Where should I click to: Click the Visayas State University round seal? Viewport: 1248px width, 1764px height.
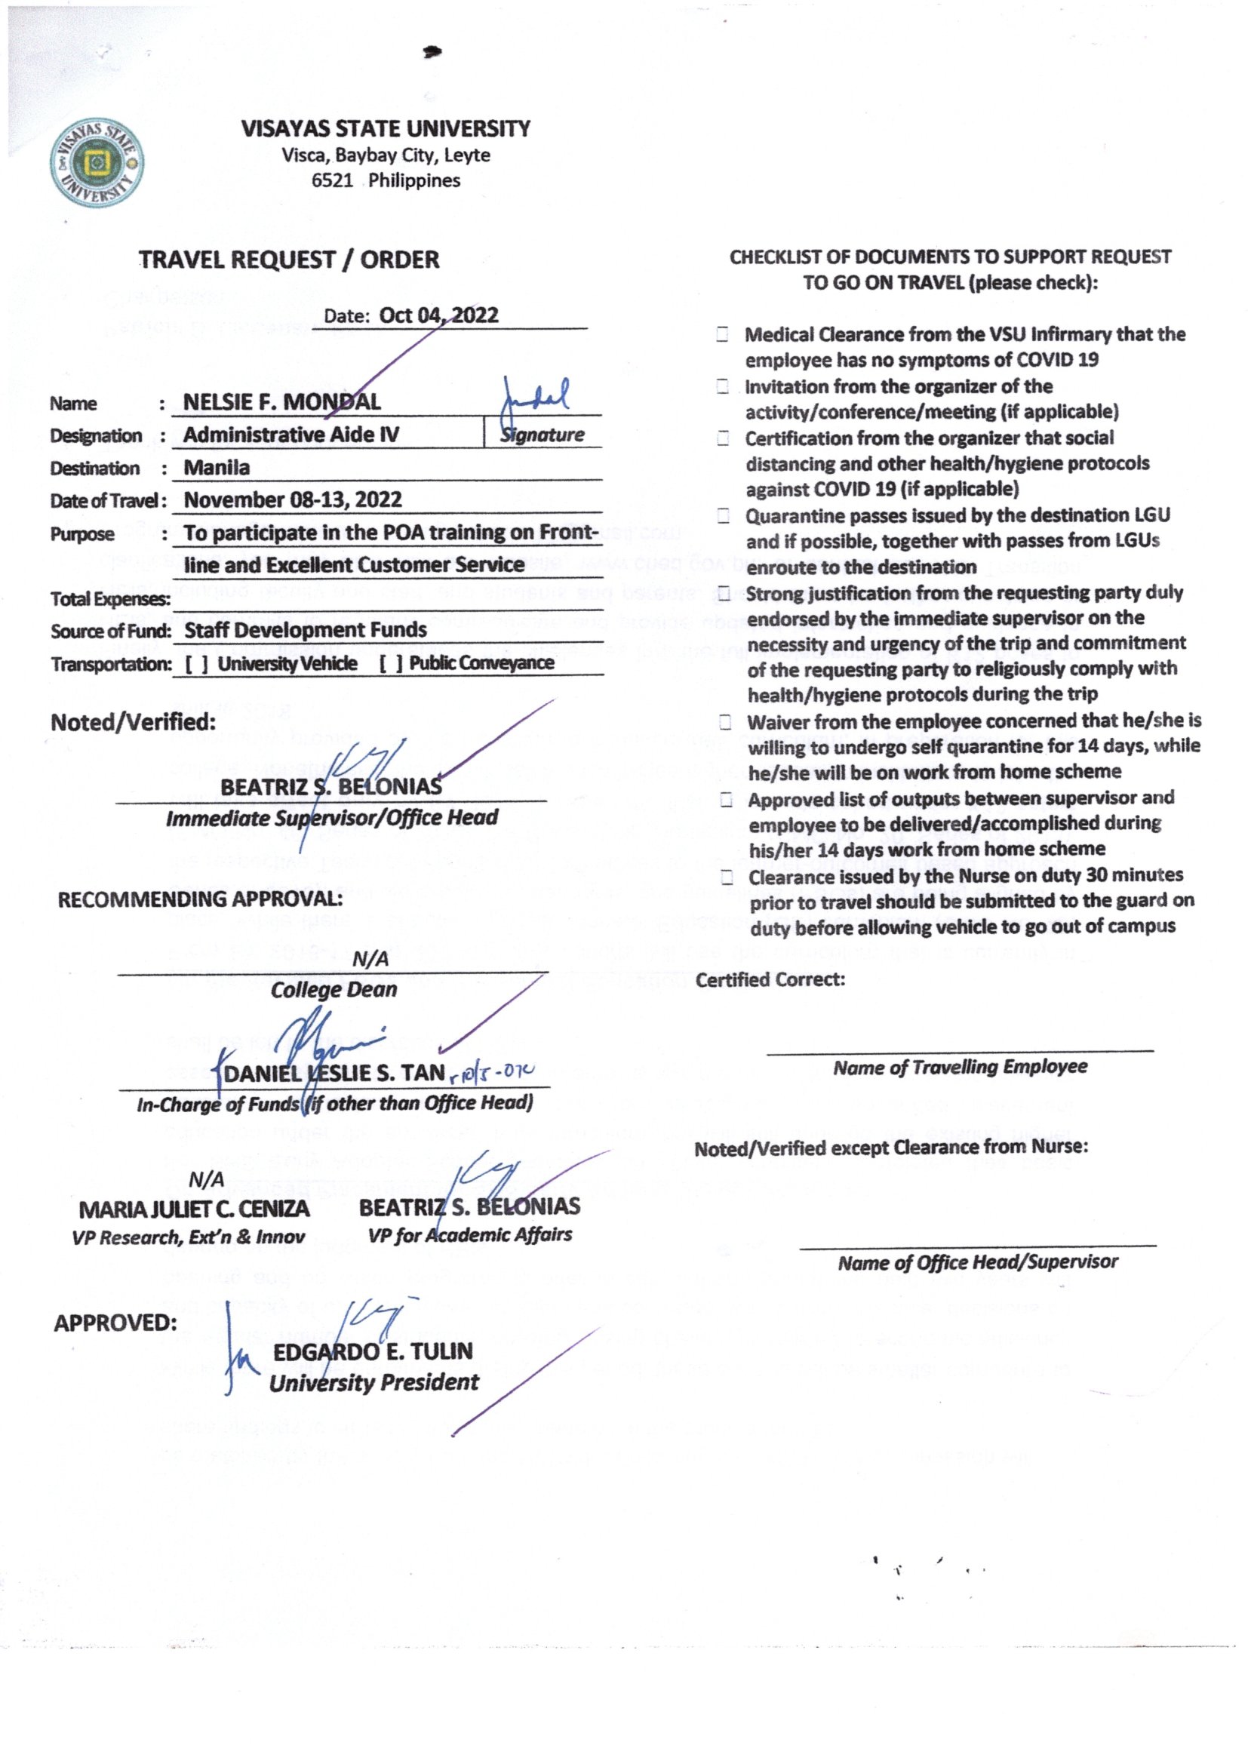pyautogui.click(x=97, y=163)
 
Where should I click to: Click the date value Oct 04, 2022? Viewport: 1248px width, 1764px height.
pyautogui.click(x=438, y=315)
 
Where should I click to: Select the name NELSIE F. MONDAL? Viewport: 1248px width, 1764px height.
pyautogui.click(x=281, y=402)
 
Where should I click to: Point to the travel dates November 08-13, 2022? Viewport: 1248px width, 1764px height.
pyautogui.click(x=292, y=499)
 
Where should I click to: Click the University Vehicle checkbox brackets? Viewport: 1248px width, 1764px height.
pyautogui.click(x=197, y=664)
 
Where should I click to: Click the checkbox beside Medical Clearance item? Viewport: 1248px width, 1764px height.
pyautogui.click(x=722, y=334)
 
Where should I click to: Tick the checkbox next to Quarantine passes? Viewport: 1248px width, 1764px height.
pyautogui.click(x=723, y=515)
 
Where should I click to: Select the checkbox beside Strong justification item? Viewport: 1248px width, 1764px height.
pyautogui.click(x=724, y=593)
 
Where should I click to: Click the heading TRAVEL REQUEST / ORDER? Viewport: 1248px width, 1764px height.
pyautogui.click(x=289, y=260)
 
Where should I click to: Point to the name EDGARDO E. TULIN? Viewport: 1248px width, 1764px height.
pyautogui.click(x=373, y=1351)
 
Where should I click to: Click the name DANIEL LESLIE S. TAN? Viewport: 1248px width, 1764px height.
pyautogui.click(x=334, y=1073)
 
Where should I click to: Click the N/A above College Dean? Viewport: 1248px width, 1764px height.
pyautogui.click(x=370, y=959)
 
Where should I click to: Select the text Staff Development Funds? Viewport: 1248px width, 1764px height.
pyautogui.click(x=305, y=630)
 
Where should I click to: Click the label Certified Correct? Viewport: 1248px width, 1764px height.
pyautogui.click(x=770, y=979)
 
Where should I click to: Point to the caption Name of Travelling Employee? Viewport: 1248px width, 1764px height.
pyautogui.click(x=960, y=1066)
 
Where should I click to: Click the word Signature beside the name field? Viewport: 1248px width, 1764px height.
pyautogui.click(x=542, y=435)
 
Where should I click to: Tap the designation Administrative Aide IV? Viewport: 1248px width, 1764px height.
pyautogui.click(x=291, y=435)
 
